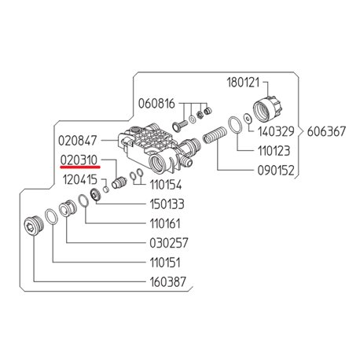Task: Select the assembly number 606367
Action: coord(326,131)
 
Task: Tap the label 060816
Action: coord(156,104)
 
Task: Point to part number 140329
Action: coord(276,131)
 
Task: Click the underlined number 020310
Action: coord(79,160)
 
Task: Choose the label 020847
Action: coord(77,141)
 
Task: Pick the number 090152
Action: coord(276,171)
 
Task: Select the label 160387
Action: coord(167,282)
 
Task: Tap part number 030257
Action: coord(169,243)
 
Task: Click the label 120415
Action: coord(80,179)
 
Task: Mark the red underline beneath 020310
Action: coord(80,167)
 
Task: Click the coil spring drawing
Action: coord(215,134)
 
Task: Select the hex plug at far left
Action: coord(34,226)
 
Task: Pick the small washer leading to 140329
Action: coord(248,118)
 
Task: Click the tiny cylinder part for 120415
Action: coord(105,189)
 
